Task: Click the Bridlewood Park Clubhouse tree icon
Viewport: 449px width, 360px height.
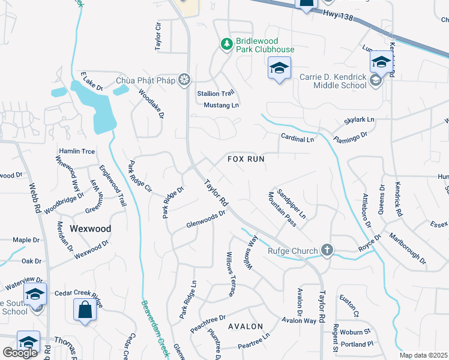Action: (x=227, y=44)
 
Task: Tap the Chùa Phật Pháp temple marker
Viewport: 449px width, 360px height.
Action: (x=185, y=80)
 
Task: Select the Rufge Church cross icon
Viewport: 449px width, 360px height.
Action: (x=327, y=250)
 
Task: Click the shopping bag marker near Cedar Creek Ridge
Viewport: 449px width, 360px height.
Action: (x=85, y=310)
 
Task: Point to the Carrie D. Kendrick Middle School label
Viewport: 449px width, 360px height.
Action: (x=333, y=80)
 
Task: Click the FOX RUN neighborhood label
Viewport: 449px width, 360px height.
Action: (x=246, y=159)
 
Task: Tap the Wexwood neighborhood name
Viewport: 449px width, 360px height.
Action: (x=91, y=229)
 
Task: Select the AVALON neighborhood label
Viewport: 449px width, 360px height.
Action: (x=246, y=326)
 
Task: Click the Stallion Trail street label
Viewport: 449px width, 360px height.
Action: (x=215, y=93)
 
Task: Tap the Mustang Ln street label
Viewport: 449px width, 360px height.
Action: (x=221, y=105)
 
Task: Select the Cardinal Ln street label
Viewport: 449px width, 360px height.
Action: (x=297, y=139)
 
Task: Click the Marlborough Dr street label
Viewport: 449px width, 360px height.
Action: (x=406, y=248)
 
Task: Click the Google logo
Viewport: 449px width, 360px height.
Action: (x=20, y=353)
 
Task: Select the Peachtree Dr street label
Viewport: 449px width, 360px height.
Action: (x=208, y=325)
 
